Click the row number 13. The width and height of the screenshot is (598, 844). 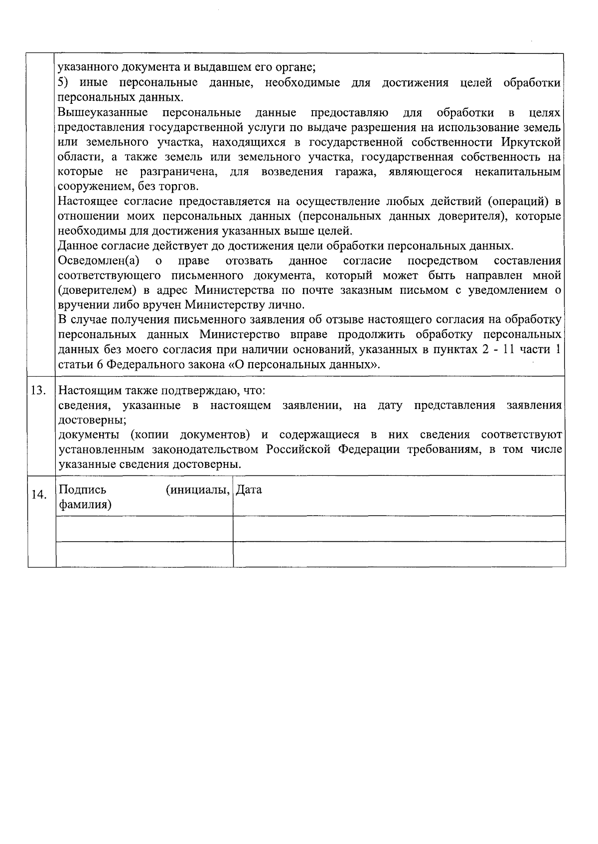[39, 390]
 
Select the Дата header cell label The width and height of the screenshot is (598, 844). [249, 490]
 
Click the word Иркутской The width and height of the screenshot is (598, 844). [533, 142]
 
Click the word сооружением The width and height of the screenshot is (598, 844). [93, 187]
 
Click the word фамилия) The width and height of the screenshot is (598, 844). [85, 505]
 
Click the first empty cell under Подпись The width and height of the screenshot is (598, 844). [145, 529]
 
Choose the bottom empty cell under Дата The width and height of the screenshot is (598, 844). [399, 554]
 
